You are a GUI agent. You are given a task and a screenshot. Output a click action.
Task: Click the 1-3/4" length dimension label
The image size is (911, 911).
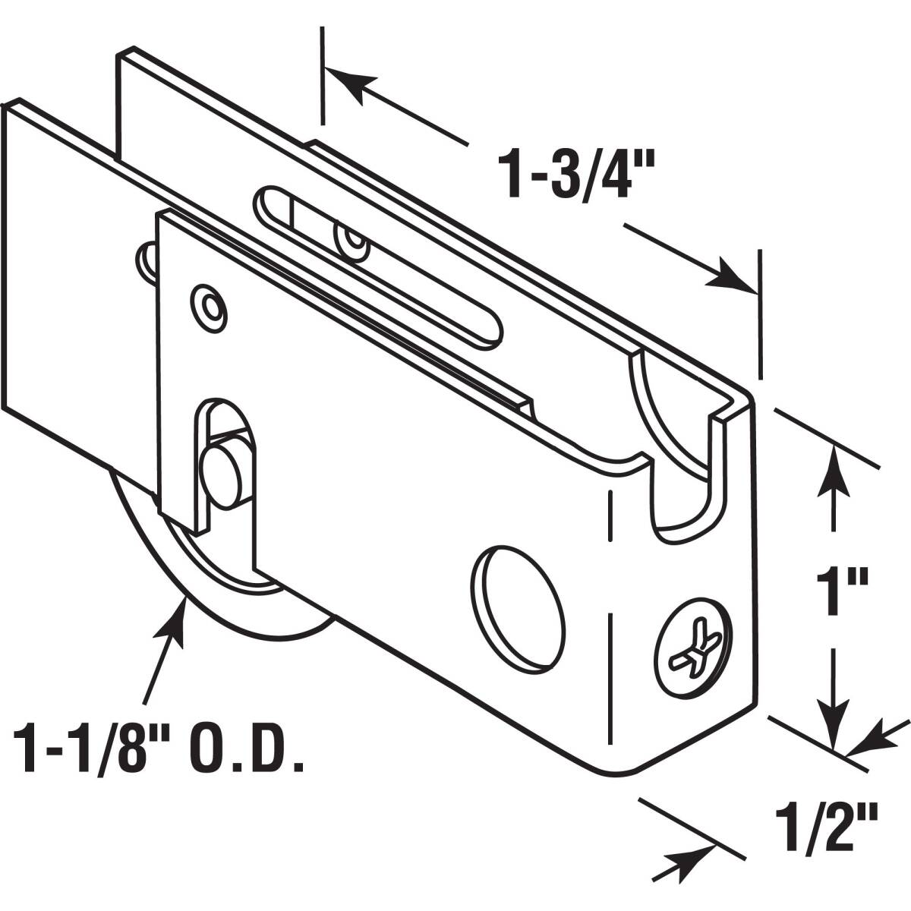coord(576,175)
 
